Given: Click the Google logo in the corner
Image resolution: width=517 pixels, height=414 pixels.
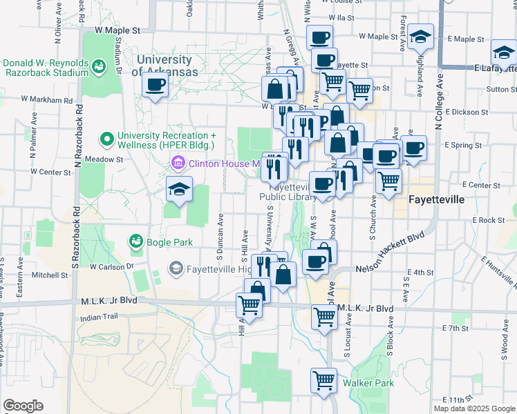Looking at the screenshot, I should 23,406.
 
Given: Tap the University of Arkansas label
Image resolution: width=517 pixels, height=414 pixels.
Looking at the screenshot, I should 167,66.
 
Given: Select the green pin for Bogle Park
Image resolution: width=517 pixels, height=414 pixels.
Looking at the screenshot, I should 135,241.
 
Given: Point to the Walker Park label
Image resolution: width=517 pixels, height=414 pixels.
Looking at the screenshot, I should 374,383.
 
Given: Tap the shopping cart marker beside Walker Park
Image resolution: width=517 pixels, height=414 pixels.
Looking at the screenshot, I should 323,380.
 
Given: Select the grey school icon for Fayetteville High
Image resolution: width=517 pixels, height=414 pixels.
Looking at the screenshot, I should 176,268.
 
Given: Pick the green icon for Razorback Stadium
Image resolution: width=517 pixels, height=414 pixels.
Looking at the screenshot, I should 99,66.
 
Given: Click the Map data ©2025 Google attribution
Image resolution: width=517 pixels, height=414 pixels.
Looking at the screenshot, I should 473,408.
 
